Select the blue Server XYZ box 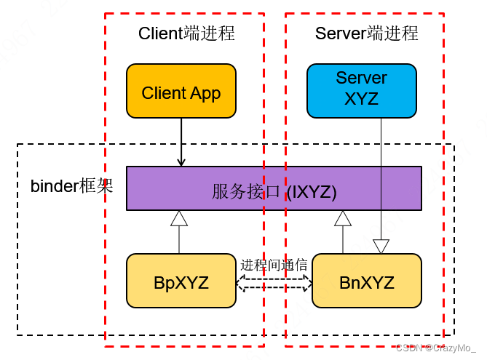tap(361, 90)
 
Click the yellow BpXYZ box tap(181, 281)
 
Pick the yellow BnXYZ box tap(366, 281)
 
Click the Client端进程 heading tap(186, 33)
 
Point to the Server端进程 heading tap(366, 33)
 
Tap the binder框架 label tap(71, 185)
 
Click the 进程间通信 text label tap(274, 265)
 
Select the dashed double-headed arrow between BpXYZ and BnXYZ tap(274, 282)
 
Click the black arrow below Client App tap(181, 142)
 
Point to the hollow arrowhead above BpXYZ tap(179, 218)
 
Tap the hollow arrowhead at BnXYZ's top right tap(381, 247)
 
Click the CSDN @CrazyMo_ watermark tap(436, 349)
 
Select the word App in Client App tap(205, 93)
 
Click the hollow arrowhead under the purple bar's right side tap(341, 218)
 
